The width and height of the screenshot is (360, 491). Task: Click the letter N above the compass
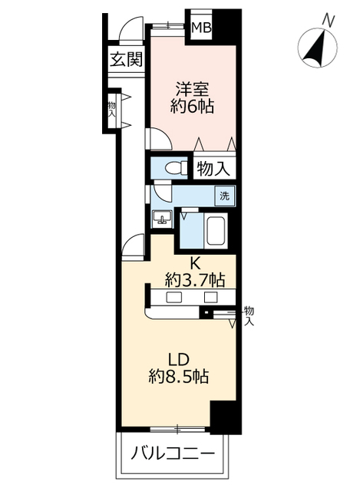329,20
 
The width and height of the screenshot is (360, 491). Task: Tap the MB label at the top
201,28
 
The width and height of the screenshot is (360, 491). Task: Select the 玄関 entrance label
124,60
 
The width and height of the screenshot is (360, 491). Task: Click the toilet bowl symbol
173,168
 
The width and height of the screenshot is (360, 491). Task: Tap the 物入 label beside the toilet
213,169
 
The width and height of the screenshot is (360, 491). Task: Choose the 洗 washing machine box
225,196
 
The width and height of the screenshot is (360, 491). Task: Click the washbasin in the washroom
162,219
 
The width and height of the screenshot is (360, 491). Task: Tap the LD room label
180,358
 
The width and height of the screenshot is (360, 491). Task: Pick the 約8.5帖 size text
180,377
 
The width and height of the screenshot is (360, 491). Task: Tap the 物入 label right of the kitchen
249,315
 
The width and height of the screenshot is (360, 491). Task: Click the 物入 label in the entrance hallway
111,108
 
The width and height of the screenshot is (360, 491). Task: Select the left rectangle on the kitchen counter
173,298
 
